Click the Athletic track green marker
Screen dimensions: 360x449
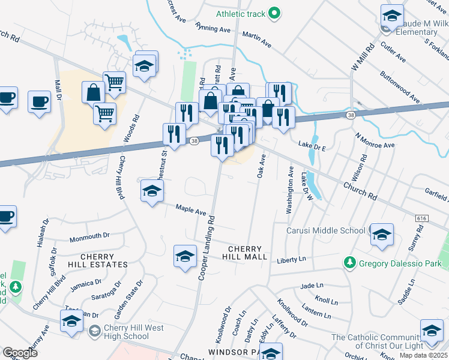pyautogui.click(x=274, y=12)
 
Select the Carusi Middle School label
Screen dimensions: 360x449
pyautogui.click(x=325, y=230)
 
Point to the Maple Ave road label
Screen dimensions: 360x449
pyautogui.click(x=191, y=210)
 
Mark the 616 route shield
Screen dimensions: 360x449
pyautogui.click(x=421, y=220)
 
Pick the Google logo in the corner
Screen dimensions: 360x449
pyautogui.click(x=20, y=353)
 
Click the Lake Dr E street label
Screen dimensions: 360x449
pyautogui.click(x=312, y=144)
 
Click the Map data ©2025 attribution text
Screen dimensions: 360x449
pyautogui.click(x=424, y=355)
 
